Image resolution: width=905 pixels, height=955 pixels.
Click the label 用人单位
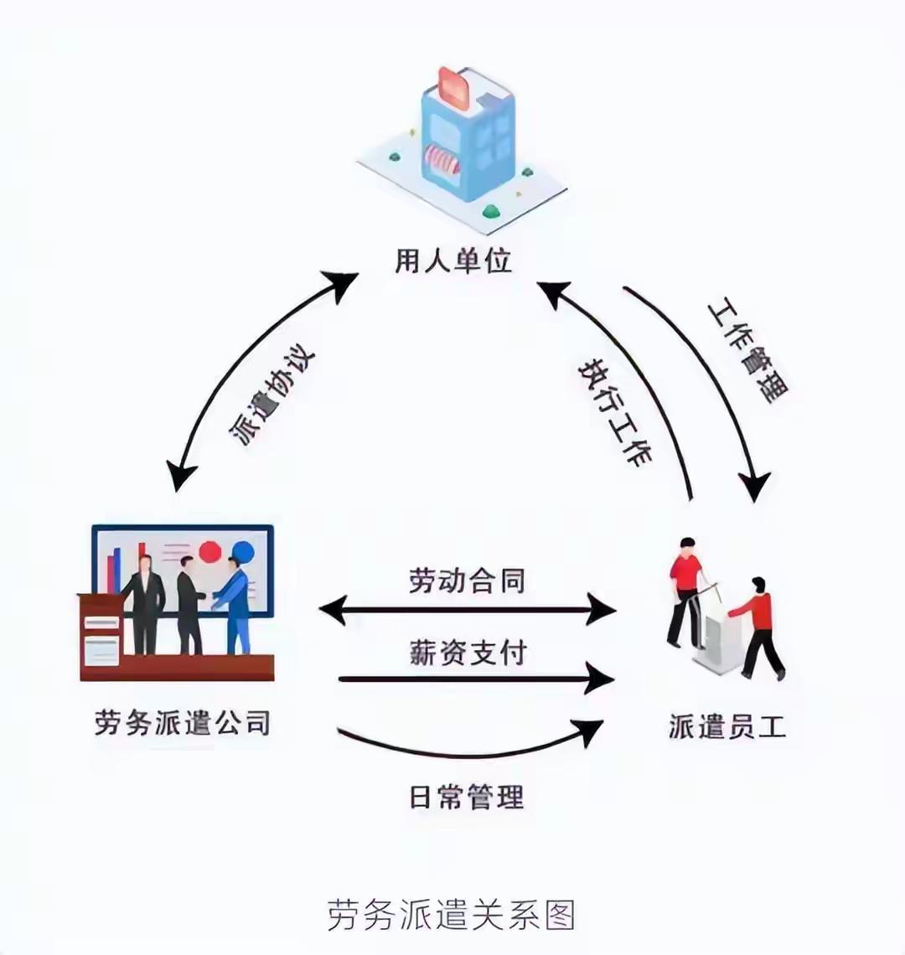[452, 261]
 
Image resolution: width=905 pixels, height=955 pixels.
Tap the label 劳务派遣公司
[182, 722]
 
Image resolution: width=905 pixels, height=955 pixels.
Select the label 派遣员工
[727, 725]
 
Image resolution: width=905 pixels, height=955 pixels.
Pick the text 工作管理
[748, 351]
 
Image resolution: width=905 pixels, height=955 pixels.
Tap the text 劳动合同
[467, 580]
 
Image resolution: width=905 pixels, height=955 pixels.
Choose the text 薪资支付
[467, 652]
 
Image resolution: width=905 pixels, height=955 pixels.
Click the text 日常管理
[467, 796]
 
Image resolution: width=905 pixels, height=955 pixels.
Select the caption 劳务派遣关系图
[452, 915]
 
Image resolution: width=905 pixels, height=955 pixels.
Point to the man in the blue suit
[234, 603]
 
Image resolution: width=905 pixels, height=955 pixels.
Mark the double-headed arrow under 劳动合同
[467, 610]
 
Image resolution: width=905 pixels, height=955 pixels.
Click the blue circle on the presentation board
[244, 552]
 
